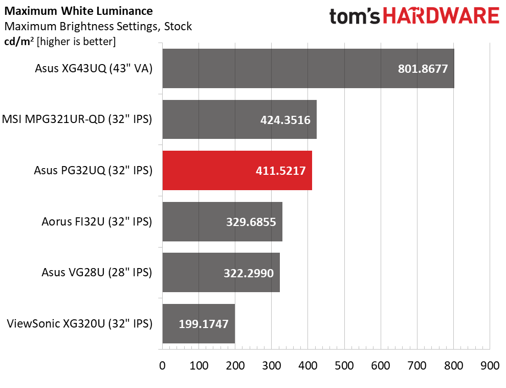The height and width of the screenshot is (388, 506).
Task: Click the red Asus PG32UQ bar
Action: (x=237, y=170)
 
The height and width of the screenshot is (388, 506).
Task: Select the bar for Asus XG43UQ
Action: (x=308, y=69)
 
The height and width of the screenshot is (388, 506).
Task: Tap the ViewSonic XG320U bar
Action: (x=199, y=323)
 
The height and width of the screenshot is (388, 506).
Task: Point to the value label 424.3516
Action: (x=285, y=120)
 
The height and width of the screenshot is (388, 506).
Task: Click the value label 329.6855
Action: (x=251, y=222)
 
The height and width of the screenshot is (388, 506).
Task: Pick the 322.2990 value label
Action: (x=249, y=273)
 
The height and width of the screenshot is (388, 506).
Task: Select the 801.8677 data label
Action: (x=423, y=69)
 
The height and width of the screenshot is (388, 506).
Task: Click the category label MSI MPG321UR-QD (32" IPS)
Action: (x=77, y=119)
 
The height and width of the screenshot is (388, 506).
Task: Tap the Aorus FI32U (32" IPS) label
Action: (x=97, y=222)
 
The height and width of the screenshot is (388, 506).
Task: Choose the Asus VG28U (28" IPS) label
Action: (x=97, y=273)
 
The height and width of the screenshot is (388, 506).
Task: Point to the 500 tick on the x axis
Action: (x=344, y=365)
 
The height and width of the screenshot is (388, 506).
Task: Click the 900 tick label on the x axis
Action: (x=490, y=365)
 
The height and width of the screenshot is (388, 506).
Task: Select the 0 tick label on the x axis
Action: (x=162, y=365)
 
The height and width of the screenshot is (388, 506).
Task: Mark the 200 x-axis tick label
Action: (x=235, y=365)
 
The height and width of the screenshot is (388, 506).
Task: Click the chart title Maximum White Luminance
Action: (x=78, y=11)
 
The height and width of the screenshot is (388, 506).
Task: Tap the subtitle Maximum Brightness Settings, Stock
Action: (x=98, y=27)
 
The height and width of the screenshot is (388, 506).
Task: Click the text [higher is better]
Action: (x=76, y=42)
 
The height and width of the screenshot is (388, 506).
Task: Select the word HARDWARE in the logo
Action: (x=441, y=16)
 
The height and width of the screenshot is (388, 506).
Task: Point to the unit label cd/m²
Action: (x=19, y=42)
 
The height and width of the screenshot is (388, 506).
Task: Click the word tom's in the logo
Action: (x=355, y=16)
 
